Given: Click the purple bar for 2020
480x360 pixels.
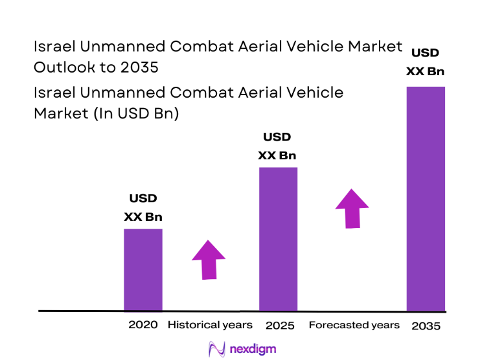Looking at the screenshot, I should click(x=143, y=269).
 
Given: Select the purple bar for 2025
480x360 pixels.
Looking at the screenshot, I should click(x=278, y=239).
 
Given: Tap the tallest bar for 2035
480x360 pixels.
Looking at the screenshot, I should click(x=426, y=198).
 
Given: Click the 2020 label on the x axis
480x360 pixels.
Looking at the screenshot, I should click(x=143, y=324).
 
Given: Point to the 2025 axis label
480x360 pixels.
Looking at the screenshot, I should click(x=280, y=325).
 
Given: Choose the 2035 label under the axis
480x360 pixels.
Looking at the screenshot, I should click(x=426, y=326).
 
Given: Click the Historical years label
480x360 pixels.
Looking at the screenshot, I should click(x=210, y=324).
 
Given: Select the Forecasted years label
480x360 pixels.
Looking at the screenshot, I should click(x=354, y=324).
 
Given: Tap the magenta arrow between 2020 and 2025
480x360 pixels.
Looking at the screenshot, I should click(x=209, y=260).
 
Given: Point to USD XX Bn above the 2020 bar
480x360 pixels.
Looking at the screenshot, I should click(x=143, y=207).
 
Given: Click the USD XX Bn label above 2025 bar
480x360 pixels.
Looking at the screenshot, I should click(x=277, y=146).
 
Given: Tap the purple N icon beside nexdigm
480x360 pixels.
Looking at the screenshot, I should click(x=216, y=349).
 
